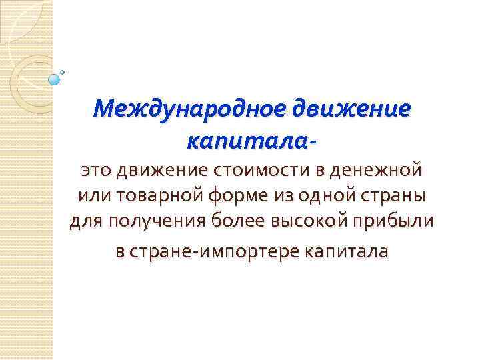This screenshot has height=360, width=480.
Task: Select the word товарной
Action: pos(149,197)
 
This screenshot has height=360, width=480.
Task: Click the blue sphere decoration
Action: pos(55,79)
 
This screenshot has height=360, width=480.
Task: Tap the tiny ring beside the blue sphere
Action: pos(63,71)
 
